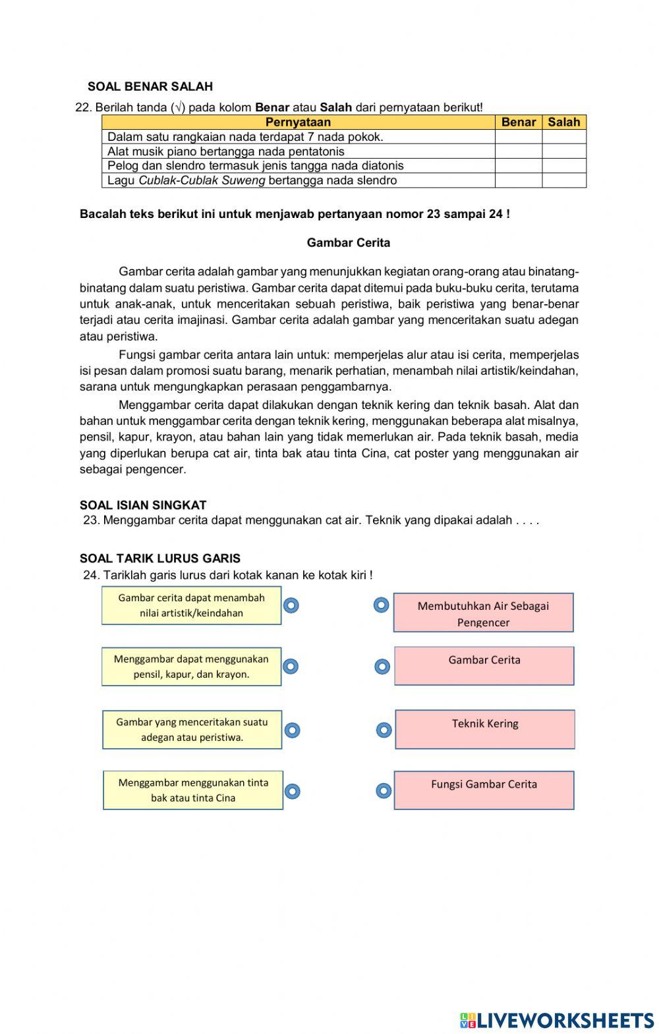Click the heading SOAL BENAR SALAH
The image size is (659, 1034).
(x=150, y=86)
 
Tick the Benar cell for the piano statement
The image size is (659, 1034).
(x=518, y=151)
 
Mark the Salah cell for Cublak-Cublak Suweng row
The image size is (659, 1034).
(x=564, y=180)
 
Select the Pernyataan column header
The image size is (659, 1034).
(x=298, y=122)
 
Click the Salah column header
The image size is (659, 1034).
(x=564, y=122)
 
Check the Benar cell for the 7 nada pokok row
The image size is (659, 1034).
(x=518, y=137)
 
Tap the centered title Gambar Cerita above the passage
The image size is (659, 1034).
(x=348, y=243)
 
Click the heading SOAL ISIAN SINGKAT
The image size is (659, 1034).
(x=143, y=505)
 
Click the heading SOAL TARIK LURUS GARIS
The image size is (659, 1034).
(x=159, y=558)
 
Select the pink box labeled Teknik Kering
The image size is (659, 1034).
(x=485, y=729)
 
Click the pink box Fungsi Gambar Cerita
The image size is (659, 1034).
(x=484, y=790)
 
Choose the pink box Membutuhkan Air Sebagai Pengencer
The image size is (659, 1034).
(x=483, y=612)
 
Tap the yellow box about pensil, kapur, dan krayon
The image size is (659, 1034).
(x=191, y=667)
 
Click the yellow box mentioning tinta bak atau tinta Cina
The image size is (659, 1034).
(x=193, y=790)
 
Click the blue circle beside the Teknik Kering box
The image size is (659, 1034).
(x=384, y=730)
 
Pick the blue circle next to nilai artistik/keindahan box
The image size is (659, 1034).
(x=291, y=605)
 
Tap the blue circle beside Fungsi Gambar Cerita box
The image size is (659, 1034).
(x=384, y=791)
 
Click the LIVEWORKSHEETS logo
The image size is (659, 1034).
(x=557, y=1020)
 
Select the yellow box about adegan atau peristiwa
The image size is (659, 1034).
(x=192, y=730)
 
